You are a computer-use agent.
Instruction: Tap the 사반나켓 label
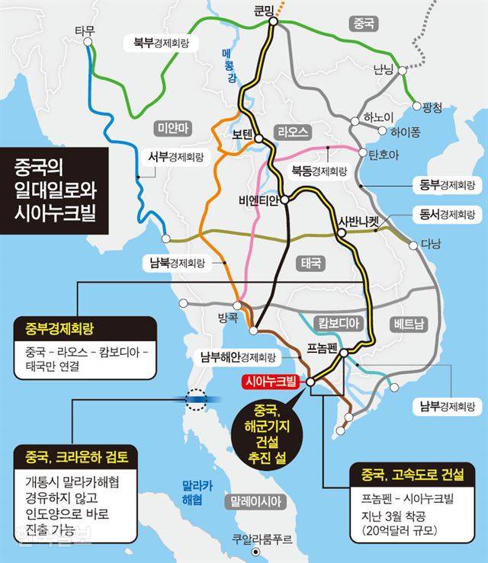pos(358,222)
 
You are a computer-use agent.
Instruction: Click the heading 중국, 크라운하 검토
pos(75,457)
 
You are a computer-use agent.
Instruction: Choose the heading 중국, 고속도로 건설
pos(408,476)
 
